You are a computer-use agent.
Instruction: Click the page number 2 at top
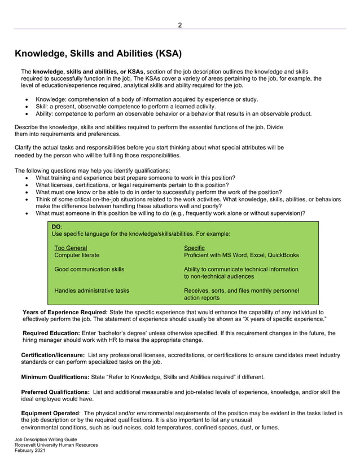180,25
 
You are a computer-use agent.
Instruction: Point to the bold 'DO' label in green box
56,226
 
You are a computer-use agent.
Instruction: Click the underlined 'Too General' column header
71,248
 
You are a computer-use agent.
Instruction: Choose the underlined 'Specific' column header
194,248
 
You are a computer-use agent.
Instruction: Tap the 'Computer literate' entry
77,256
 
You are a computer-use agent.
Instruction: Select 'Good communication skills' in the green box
89,270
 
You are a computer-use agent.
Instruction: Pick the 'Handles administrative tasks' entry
91,291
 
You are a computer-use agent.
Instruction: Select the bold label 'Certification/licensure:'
53,355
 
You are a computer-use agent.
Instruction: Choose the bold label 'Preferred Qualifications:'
55,392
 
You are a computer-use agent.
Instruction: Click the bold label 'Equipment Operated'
50,413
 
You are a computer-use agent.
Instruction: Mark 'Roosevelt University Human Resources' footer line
56,445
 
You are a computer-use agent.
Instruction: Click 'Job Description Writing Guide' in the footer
46,439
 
